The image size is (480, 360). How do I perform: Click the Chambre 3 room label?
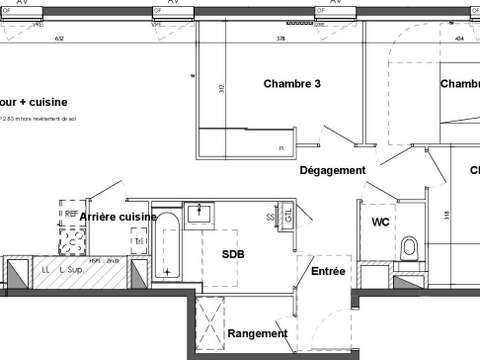(x=291, y=84)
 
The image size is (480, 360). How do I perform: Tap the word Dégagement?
(x=333, y=171)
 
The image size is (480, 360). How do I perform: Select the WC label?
(x=381, y=221)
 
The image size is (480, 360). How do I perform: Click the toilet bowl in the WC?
(x=408, y=247)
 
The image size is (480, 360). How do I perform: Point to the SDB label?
(x=233, y=254)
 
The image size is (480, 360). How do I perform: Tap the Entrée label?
(x=328, y=271)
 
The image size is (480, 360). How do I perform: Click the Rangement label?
(x=257, y=334)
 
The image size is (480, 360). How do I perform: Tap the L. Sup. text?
(x=69, y=270)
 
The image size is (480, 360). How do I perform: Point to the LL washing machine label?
(x=46, y=270)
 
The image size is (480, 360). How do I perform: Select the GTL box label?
(x=288, y=216)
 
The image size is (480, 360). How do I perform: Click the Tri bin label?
(x=139, y=241)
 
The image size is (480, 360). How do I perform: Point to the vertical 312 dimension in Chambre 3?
(x=222, y=89)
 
